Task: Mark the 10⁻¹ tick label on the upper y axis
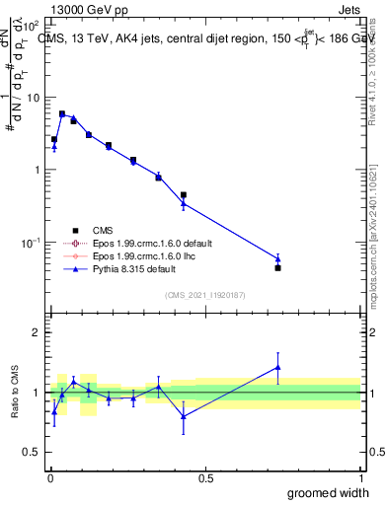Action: point(30,242)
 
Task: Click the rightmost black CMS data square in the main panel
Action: point(277,267)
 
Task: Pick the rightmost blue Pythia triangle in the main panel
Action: point(277,258)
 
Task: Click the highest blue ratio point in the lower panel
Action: point(277,367)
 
